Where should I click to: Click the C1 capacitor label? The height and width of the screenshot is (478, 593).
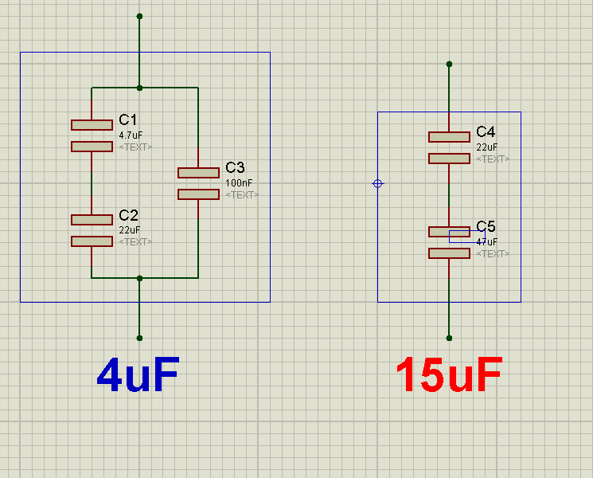128,119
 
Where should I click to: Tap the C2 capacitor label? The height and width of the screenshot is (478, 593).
128,215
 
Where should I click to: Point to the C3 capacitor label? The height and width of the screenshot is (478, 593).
235,167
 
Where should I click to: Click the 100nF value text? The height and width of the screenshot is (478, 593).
238,183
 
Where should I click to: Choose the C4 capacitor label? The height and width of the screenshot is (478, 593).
486,131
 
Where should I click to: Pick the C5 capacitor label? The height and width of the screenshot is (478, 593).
486,226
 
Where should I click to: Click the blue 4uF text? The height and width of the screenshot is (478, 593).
138,374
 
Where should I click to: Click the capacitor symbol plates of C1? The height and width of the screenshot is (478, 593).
92,135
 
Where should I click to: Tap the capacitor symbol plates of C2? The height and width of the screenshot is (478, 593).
92,230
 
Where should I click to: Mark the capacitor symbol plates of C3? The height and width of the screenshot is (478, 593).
198,183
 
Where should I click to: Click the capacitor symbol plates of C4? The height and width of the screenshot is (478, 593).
449,147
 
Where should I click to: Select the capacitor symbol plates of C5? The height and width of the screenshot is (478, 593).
449,242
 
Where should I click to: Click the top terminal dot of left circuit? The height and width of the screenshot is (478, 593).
139,16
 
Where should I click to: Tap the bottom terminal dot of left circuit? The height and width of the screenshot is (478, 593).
139,338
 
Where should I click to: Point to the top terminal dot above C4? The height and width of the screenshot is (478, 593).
449,64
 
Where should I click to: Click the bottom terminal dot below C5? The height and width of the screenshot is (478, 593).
449,338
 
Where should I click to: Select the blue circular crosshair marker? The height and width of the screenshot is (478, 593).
378,183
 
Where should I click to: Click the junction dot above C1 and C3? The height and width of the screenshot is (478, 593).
139,88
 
